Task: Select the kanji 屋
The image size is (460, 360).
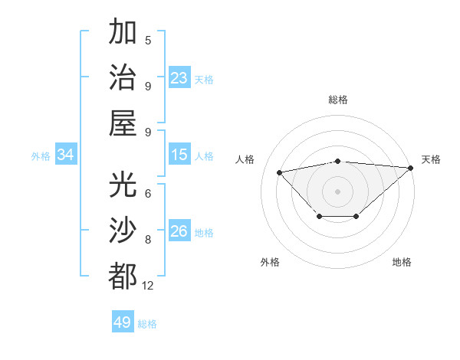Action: click(123, 123)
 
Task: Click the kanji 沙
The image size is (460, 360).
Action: click(123, 231)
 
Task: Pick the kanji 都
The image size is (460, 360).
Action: click(123, 277)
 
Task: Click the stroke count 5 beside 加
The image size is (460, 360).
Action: click(148, 41)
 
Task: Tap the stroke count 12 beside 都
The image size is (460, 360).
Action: click(148, 286)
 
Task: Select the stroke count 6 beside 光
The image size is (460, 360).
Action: click(148, 194)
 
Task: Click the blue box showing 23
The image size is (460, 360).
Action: click(179, 77)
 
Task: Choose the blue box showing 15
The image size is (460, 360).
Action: click(179, 155)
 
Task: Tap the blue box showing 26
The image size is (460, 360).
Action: click(179, 231)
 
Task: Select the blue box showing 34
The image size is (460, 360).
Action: click(66, 155)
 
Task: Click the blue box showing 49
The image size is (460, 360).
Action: click(123, 322)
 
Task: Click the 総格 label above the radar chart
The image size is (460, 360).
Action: click(338, 100)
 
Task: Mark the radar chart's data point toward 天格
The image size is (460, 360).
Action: click(411, 168)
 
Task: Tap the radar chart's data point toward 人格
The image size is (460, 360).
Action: click(280, 172)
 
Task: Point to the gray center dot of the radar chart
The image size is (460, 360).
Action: click(338, 191)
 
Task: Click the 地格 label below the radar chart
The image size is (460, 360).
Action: click(402, 262)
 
